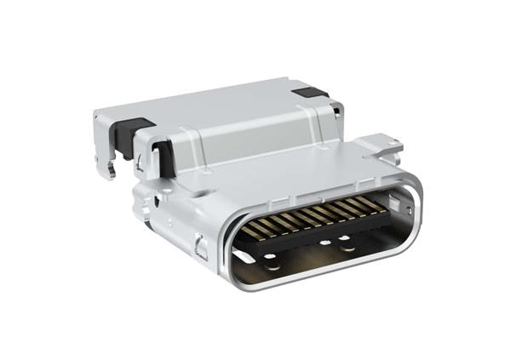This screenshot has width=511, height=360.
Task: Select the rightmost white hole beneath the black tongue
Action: pyautogui.click(x=347, y=249)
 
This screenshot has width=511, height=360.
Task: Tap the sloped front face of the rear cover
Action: pyautogui.click(x=247, y=128)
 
